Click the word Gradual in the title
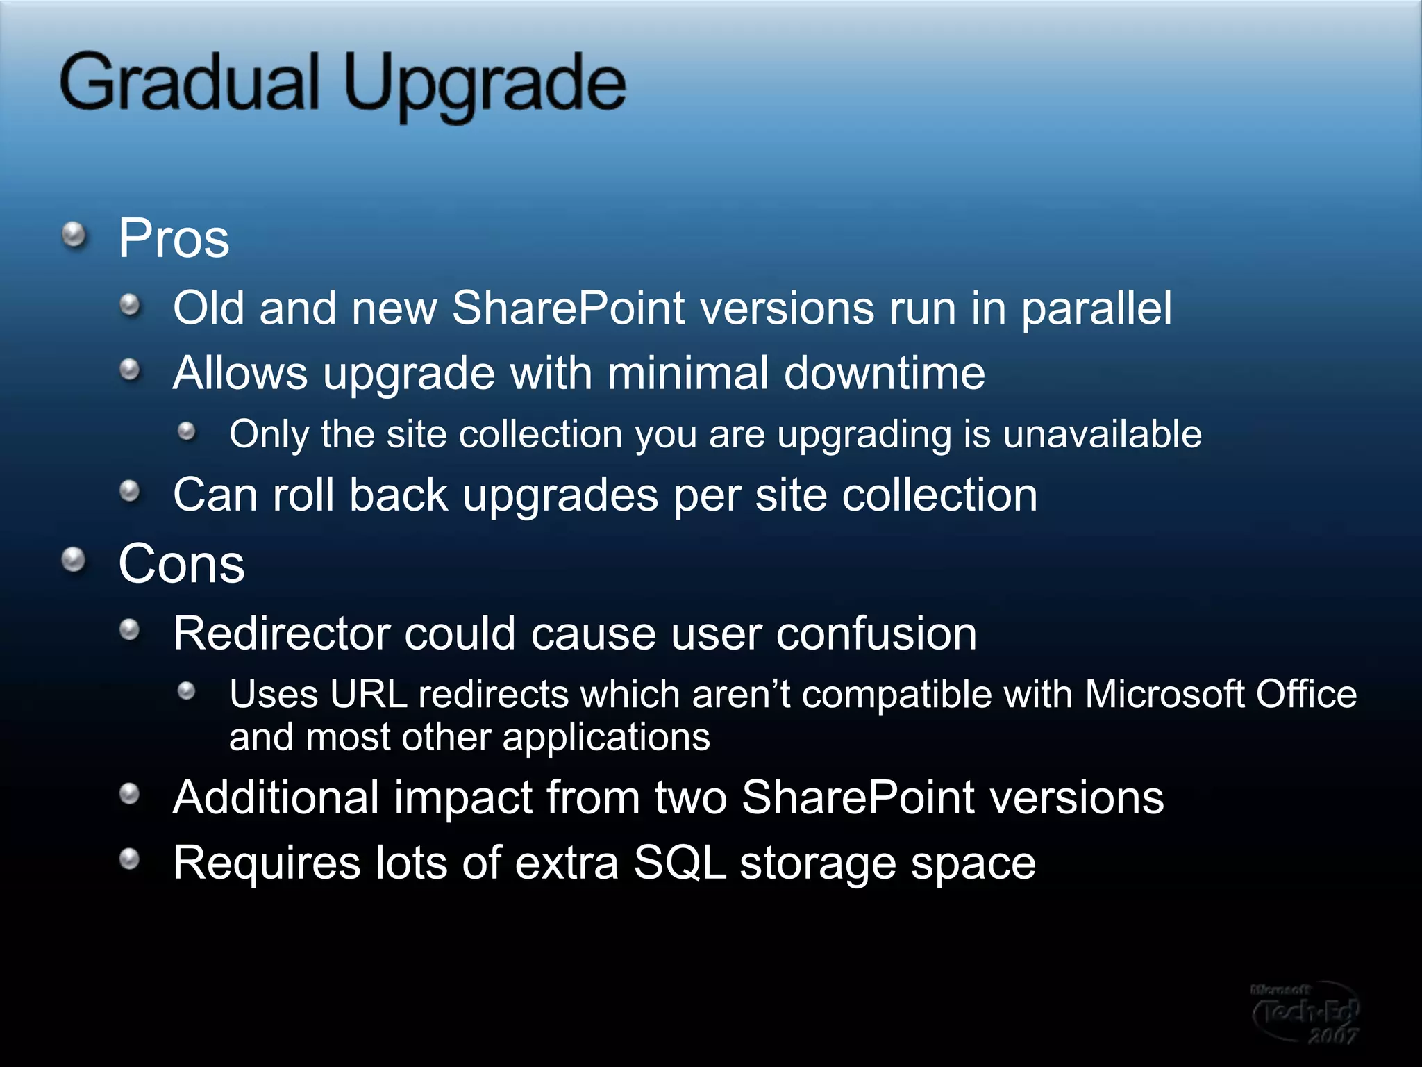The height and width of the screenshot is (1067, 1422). (189, 83)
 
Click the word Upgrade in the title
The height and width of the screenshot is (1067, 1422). (485, 87)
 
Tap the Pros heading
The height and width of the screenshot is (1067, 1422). (174, 238)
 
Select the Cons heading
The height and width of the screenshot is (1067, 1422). (181, 563)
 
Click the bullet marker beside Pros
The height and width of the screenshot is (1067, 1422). (74, 235)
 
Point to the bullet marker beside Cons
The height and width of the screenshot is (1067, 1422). (74, 560)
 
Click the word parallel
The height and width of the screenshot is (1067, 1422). (1096, 308)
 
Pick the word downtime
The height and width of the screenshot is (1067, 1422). (884, 374)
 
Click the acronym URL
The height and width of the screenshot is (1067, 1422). (368, 694)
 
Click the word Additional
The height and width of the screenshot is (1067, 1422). (276, 797)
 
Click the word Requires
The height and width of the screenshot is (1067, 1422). (266, 863)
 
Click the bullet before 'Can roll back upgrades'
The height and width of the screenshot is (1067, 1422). (130, 492)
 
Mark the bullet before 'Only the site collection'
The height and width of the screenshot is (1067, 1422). (186, 432)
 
